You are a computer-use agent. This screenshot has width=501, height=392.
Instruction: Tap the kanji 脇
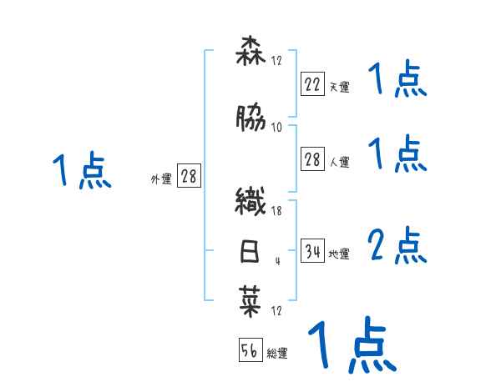250,120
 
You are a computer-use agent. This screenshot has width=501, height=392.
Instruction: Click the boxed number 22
312,84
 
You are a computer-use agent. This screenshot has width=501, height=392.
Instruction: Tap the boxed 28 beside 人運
312,160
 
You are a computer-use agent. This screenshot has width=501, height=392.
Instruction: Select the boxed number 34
312,250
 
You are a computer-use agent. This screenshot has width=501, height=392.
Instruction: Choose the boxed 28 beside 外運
189,176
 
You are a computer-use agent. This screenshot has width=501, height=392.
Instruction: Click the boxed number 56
250,350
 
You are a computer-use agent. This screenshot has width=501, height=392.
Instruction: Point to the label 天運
339,86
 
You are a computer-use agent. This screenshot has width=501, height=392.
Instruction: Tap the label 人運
339,162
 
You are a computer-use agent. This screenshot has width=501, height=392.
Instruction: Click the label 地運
339,253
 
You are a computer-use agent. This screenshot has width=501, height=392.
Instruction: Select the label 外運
160,178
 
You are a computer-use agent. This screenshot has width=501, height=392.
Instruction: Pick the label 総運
277,353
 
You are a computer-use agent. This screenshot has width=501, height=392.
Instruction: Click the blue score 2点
397,246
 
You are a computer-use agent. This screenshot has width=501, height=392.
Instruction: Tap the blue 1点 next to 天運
397,81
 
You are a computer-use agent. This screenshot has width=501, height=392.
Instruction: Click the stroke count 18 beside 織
277,212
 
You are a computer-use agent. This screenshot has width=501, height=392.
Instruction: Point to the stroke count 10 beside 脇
277,127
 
